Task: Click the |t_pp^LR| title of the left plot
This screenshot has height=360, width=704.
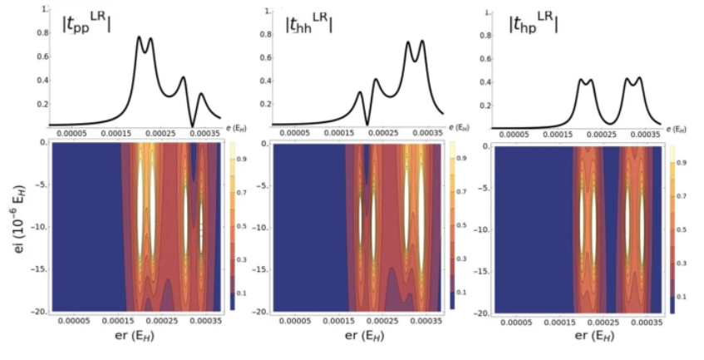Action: (81, 27)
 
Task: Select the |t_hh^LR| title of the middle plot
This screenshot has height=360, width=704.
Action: (308, 26)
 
